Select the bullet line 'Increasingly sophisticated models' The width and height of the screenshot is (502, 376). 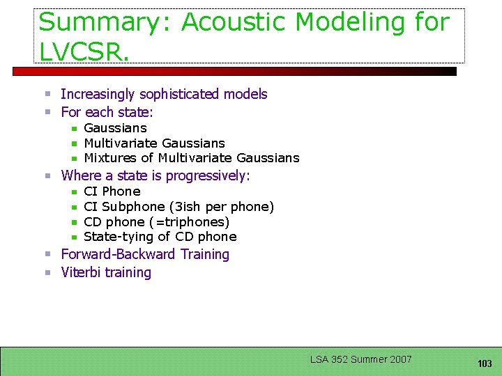164,94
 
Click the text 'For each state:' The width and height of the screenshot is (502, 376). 107,112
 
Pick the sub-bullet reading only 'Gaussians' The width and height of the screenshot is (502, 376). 115,128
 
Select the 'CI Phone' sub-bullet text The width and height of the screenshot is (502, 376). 112,191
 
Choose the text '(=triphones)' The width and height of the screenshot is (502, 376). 189,222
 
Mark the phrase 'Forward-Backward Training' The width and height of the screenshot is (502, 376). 145,254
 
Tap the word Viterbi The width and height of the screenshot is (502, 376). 82,272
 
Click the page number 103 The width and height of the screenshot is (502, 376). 485,363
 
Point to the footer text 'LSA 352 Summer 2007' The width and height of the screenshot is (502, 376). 360,359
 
